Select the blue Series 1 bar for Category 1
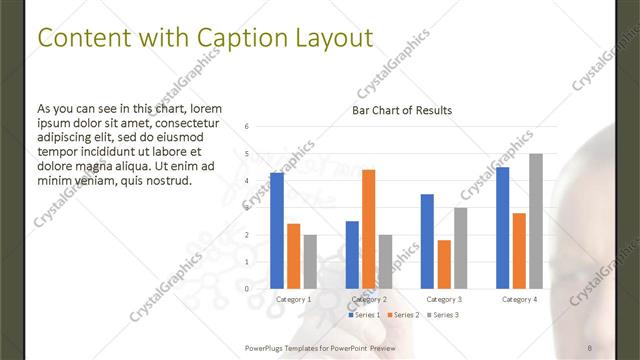tap(277, 231)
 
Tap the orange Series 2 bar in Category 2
tap(368, 229)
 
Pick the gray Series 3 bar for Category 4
tap(536, 221)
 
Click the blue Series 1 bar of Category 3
tap(427, 241)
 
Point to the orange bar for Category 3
tap(444, 264)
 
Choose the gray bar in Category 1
tap(310, 261)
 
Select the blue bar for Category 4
tap(503, 228)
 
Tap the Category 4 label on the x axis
tap(519, 299)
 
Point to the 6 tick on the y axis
tap(247, 127)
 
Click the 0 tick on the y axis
tap(247, 289)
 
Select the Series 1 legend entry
tap(365, 315)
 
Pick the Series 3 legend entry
tap(444, 315)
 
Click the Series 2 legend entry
tap(404, 315)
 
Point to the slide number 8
tap(590, 347)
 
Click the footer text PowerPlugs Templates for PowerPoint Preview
tap(327, 347)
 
